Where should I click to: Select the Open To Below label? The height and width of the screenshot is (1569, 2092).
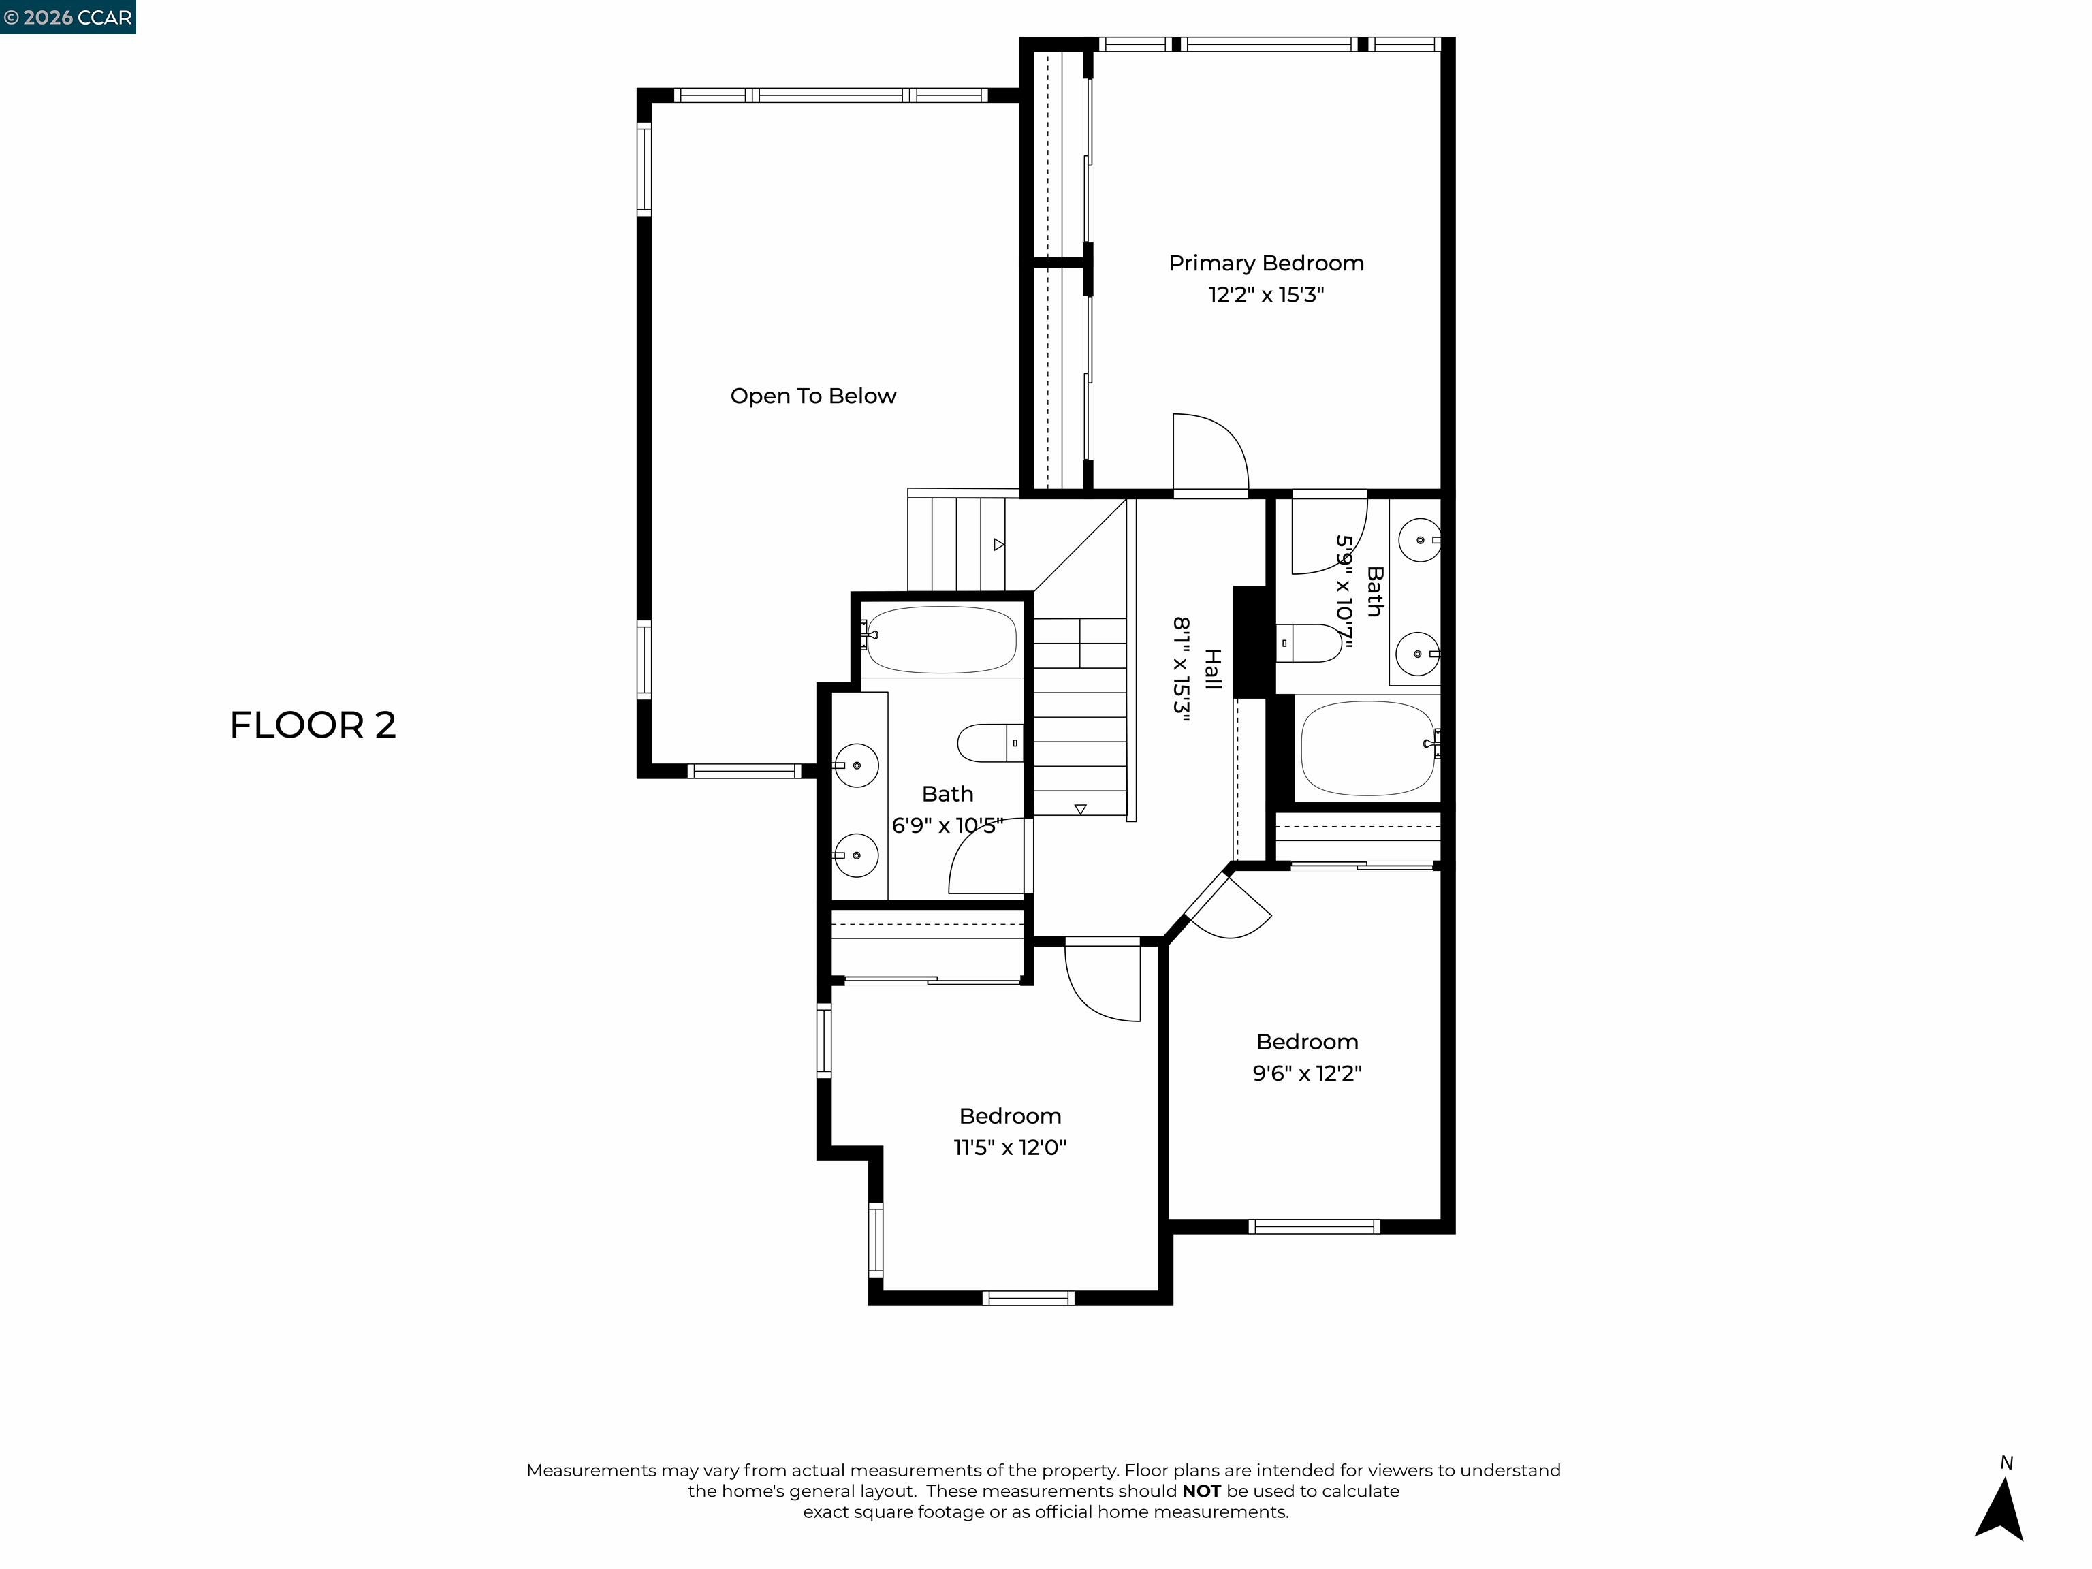tap(812, 396)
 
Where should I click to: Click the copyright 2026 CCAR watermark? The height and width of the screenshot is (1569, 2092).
tap(67, 17)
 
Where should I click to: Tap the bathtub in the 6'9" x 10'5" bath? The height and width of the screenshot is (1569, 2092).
tap(941, 640)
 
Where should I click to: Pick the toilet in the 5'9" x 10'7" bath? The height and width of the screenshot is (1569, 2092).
tap(1310, 643)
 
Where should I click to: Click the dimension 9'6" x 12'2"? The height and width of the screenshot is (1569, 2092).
tap(1307, 1073)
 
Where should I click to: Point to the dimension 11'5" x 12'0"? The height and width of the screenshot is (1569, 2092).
tap(1009, 1147)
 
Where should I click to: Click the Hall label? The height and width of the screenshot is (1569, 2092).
tap(1212, 669)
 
